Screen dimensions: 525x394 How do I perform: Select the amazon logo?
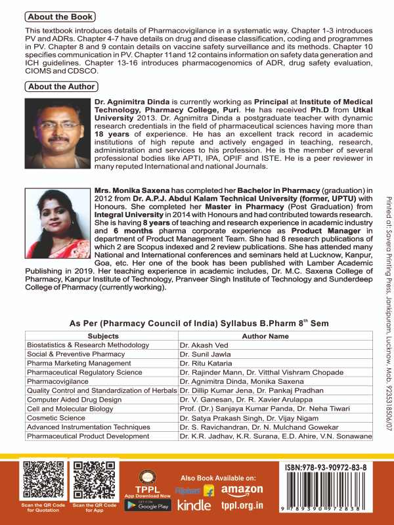pos(242,490)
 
